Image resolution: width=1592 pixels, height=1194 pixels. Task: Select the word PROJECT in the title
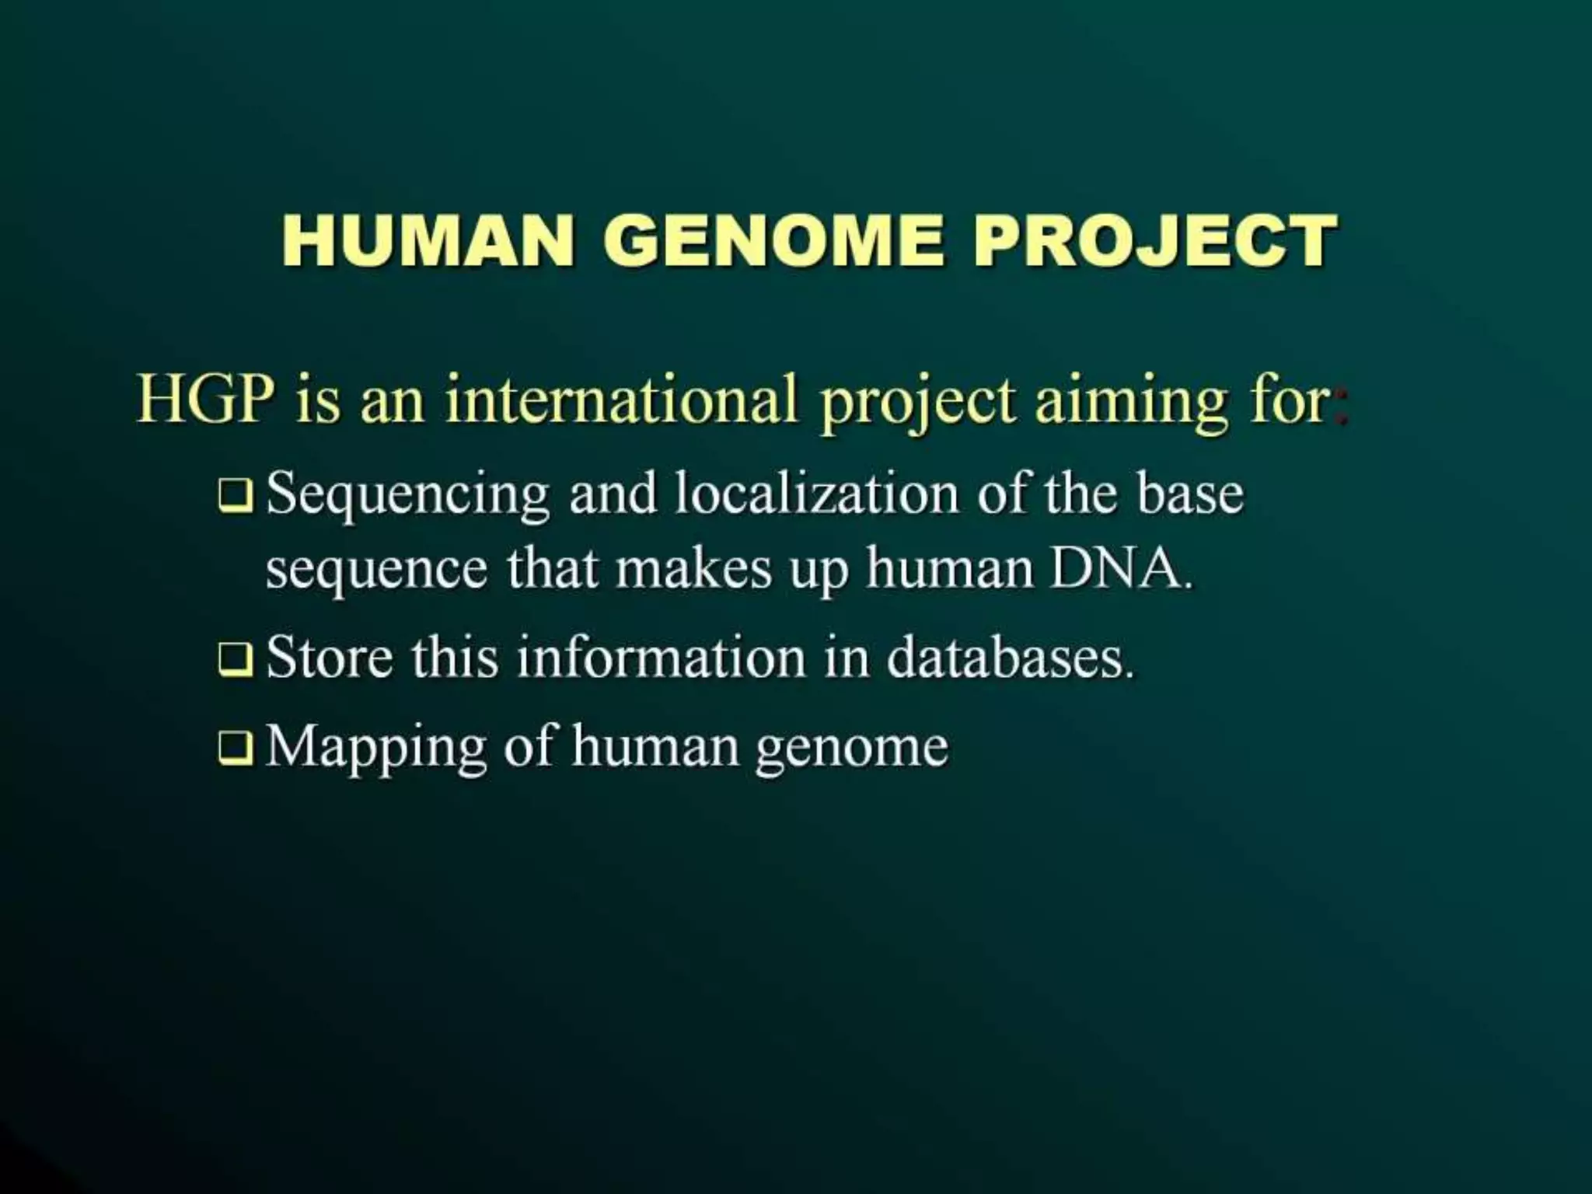1154,240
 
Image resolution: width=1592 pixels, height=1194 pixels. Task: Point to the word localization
816,494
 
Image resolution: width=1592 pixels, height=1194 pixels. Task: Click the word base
1190,494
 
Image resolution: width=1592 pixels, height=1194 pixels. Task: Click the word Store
330,658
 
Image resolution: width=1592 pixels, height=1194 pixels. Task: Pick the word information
661,658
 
